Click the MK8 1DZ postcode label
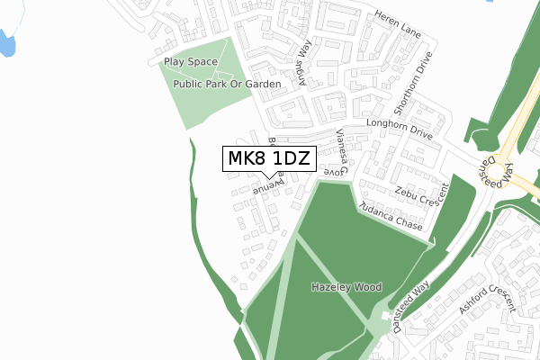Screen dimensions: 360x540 click(268, 159)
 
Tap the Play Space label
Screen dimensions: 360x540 click(191, 61)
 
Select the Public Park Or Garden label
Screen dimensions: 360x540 click(228, 84)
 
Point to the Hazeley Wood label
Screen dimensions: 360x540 click(346, 287)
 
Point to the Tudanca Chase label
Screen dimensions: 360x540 click(390, 217)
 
